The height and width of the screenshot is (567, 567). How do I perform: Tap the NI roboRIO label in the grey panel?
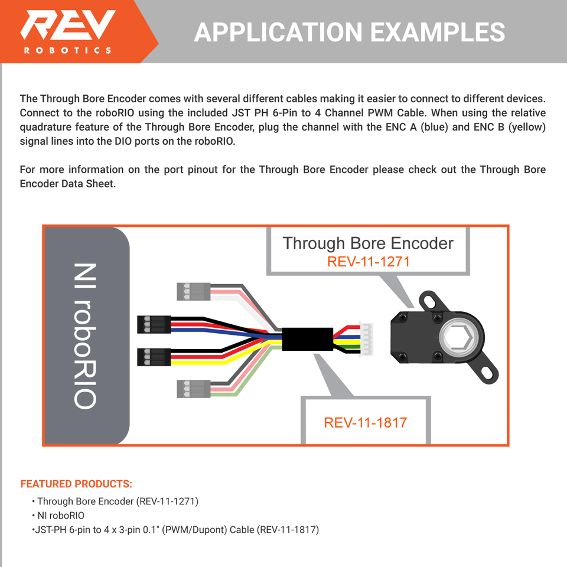(x=86, y=335)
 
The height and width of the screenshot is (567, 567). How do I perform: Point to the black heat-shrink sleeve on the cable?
(x=307, y=339)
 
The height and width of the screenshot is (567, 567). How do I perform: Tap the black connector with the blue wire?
(x=155, y=324)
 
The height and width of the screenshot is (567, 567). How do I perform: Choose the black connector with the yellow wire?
(x=155, y=357)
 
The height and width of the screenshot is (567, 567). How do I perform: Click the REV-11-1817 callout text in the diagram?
(x=365, y=422)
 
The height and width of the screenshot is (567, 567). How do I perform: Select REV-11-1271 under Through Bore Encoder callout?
(x=368, y=261)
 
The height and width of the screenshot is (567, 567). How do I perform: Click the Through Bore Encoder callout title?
(x=368, y=243)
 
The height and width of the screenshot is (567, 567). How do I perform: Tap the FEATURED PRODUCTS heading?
(x=76, y=484)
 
